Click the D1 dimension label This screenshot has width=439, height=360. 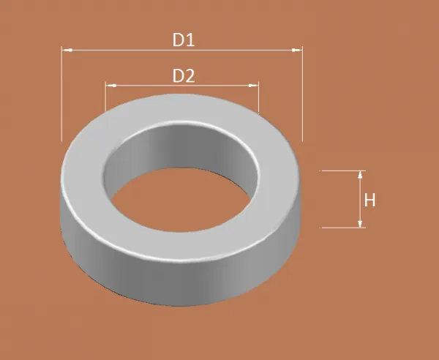click(184, 40)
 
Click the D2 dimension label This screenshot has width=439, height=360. click(184, 75)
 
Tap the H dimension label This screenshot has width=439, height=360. click(369, 200)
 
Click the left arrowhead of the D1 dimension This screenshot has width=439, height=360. click(67, 50)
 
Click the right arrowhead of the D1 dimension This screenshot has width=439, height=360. click(297, 50)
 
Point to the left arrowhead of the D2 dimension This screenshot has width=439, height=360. click(111, 86)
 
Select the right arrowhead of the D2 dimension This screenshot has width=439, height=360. click(253, 86)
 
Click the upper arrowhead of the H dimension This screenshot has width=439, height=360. click(360, 175)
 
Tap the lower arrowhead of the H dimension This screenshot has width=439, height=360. click(360, 224)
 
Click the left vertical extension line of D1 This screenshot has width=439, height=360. click(61, 94)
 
